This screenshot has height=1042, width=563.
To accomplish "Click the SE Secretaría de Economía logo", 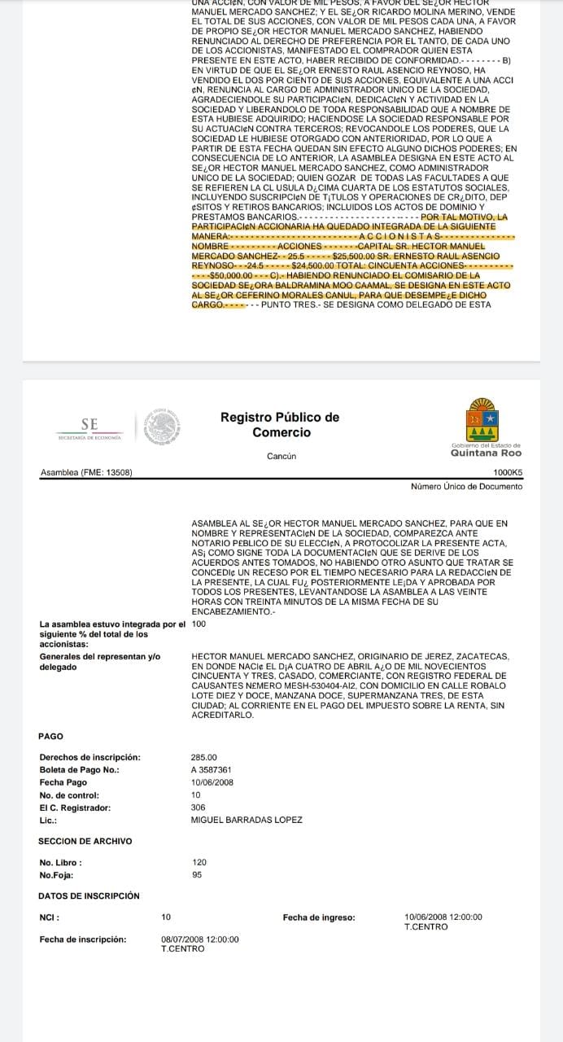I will point(89,427).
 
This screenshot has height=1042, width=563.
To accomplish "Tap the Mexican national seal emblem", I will point(161,427).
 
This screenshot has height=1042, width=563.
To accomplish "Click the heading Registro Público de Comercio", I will point(280,424).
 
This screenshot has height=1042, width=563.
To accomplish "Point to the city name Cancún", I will point(281,456).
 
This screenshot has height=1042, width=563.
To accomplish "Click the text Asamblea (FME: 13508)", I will point(86,472).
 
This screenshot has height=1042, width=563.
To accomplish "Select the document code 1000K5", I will point(508,472).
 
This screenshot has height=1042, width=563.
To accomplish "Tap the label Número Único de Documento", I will point(467,486).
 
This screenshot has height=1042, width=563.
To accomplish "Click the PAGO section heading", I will point(50,736).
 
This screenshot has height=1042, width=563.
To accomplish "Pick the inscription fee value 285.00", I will point(203,757).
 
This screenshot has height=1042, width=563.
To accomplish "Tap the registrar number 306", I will point(199,808).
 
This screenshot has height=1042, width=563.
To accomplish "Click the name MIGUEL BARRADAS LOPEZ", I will point(246,820).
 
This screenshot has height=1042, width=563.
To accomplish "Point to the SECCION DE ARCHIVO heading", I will point(85,841).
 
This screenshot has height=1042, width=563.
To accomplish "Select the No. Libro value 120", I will point(199,862).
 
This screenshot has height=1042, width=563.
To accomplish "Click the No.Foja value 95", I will point(197,874).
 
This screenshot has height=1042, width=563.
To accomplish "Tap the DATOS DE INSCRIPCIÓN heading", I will point(89,895).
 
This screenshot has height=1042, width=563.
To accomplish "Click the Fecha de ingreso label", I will point(319,917).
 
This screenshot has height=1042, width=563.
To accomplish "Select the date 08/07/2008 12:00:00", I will point(200,939).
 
